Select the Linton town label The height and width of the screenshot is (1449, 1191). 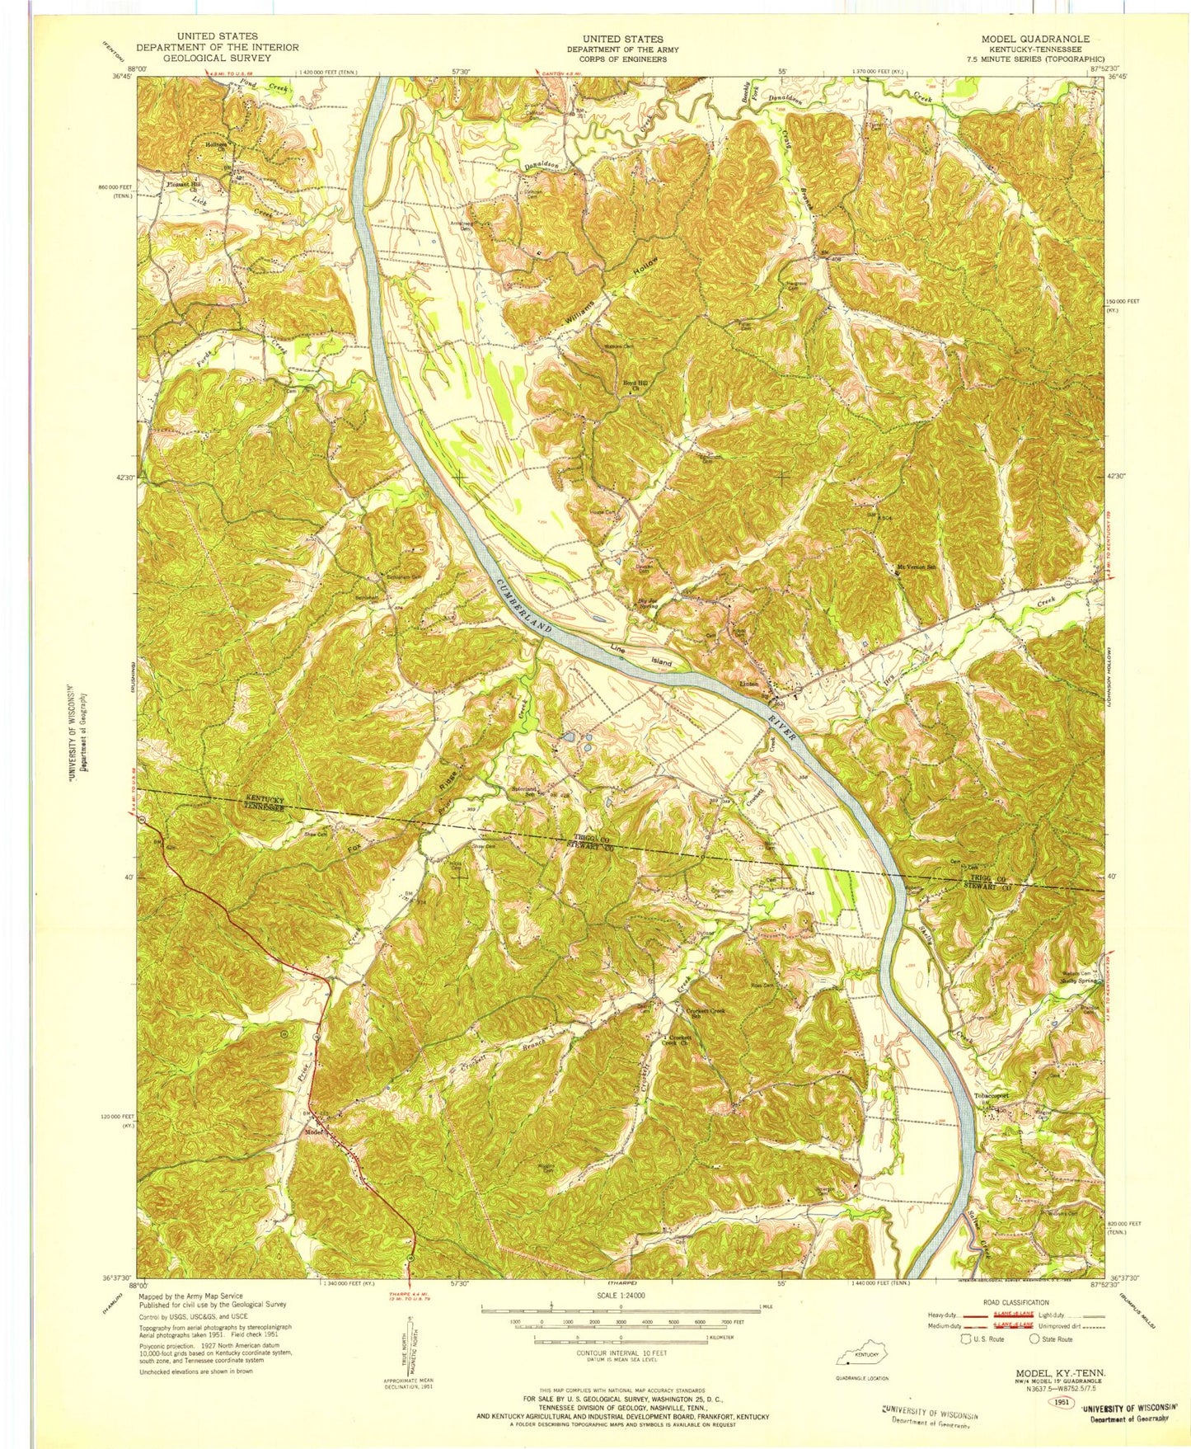click(x=748, y=685)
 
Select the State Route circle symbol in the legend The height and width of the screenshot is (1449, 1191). click(x=1036, y=1338)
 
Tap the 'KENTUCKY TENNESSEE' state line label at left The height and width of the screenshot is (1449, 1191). click(x=263, y=804)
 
